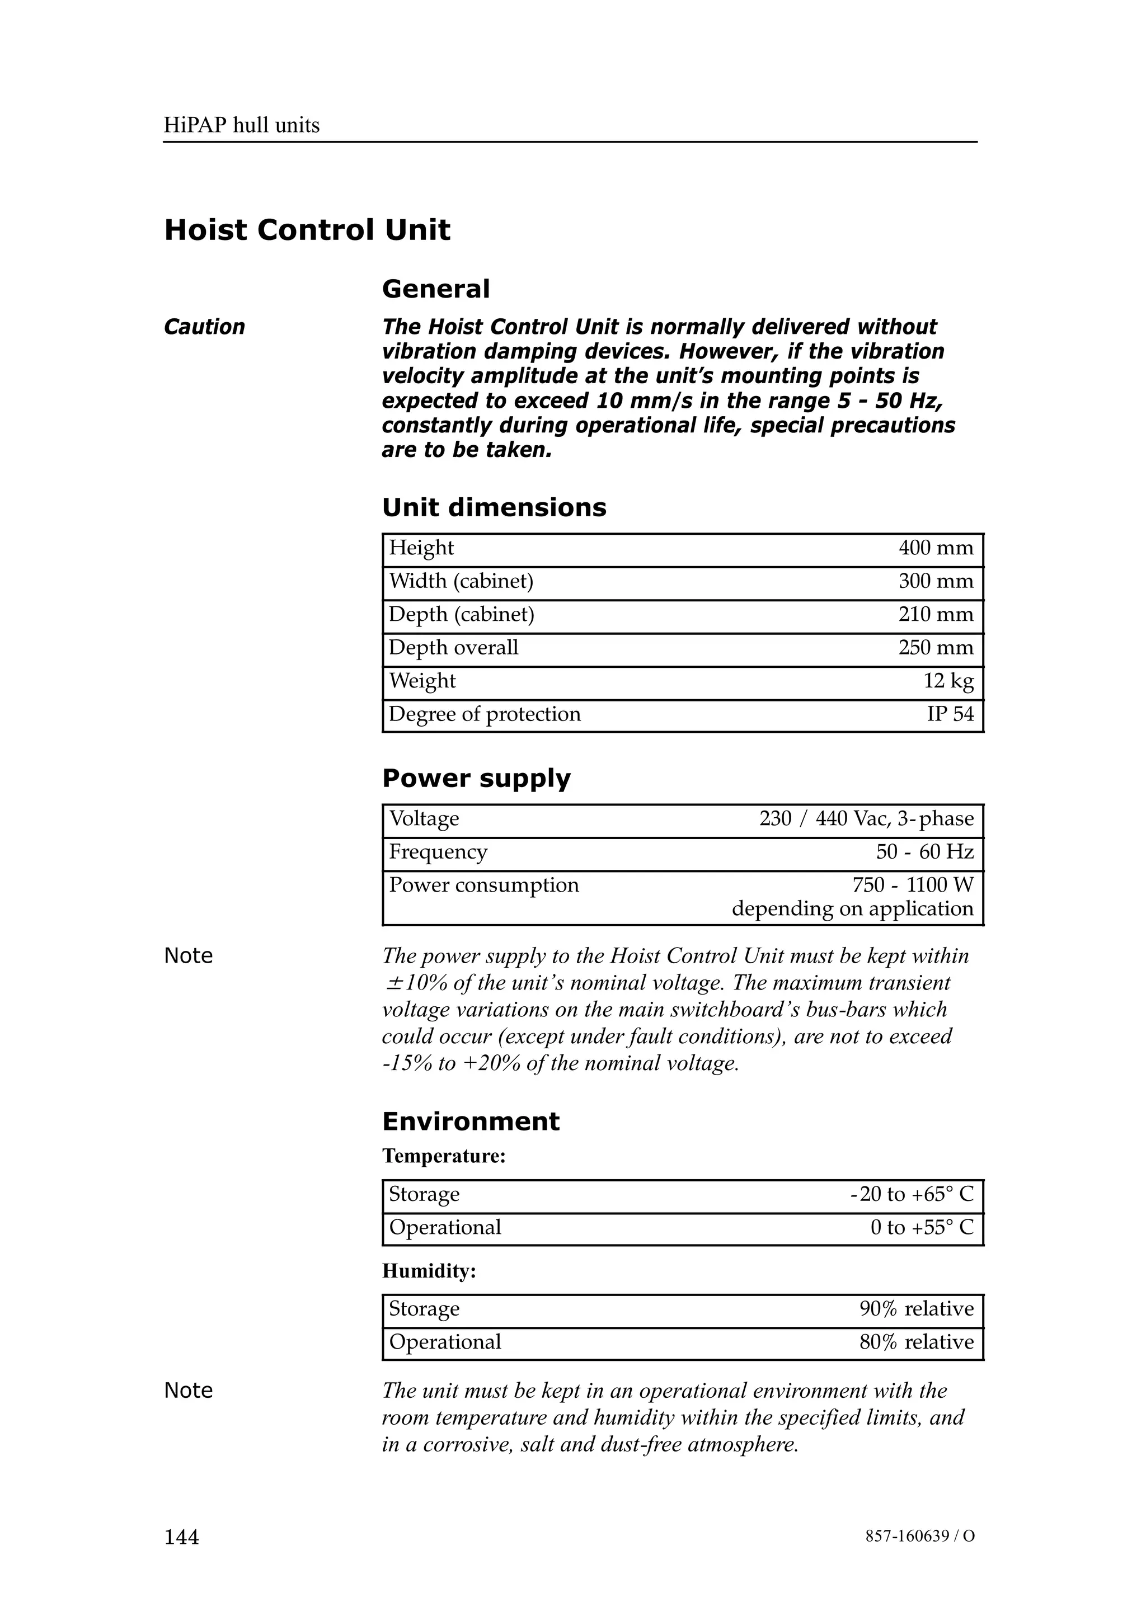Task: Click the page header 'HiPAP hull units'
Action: coord(242,126)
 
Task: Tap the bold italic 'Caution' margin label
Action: coord(204,327)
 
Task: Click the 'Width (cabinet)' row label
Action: coord(461,581)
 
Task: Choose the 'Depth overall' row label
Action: coord(453,647)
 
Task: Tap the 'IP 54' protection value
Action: coord(950,714)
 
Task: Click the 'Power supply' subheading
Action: coord(476,778)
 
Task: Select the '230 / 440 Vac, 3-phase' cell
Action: coord(866,818)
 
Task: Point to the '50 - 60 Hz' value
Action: coord(924,851)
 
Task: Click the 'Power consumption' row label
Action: coord(483,885)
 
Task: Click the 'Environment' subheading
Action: coord(470,1121)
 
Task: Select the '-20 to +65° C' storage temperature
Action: coord(911,1194)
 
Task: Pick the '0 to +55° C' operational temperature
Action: coord(922,1227)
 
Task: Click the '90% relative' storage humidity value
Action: coord(916,1308)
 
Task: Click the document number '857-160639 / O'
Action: coord(919,1537)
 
